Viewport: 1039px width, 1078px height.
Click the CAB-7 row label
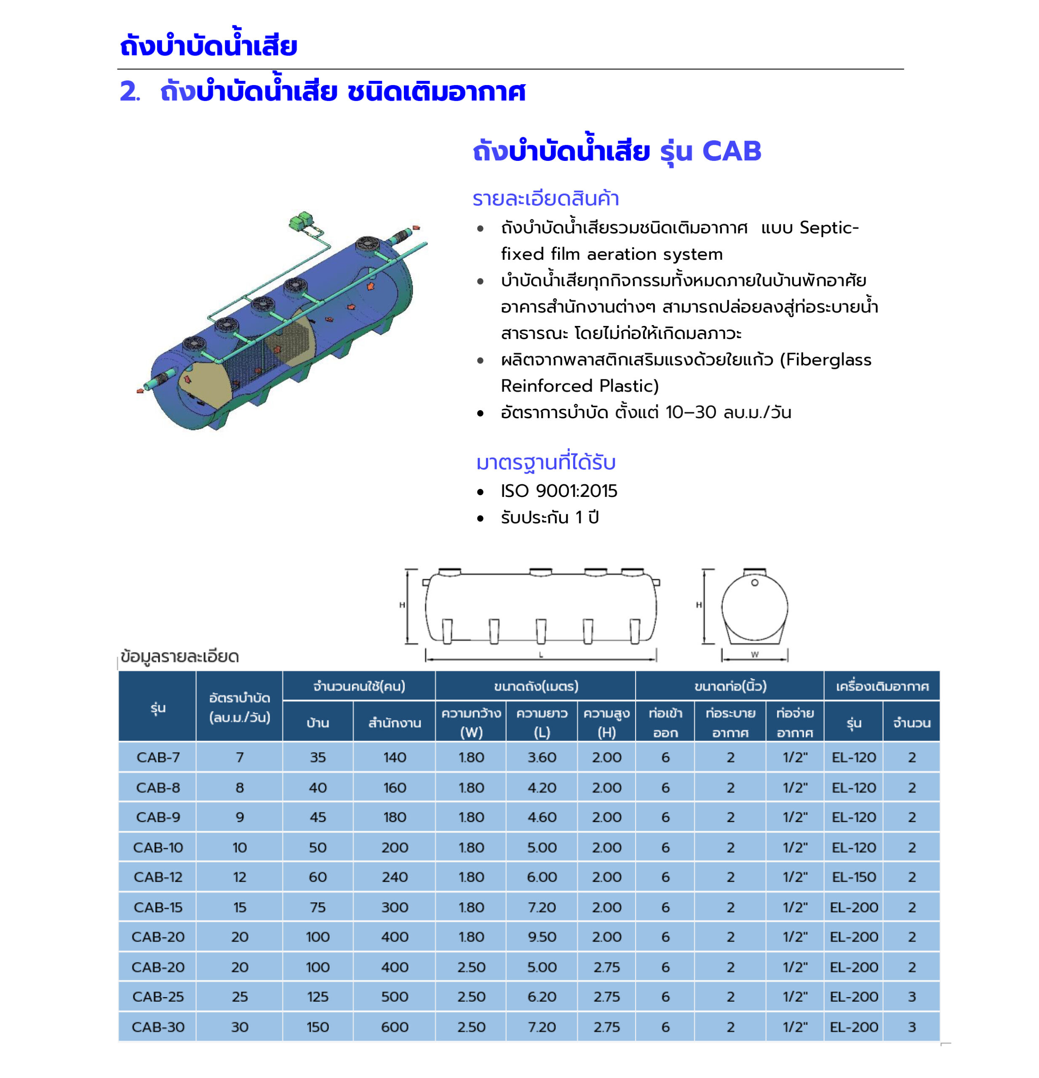158,758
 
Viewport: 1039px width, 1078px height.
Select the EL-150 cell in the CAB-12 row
853,877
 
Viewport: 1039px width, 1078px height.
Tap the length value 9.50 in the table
541,937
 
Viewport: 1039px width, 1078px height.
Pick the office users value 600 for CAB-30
394,1027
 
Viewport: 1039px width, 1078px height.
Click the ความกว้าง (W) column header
471,722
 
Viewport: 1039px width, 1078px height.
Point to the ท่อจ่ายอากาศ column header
794,722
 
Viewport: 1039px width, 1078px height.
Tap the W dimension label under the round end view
754,654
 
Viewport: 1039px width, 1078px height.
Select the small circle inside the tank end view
755,582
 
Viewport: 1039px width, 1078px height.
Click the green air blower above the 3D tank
302,221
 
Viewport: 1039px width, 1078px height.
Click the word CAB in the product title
732,151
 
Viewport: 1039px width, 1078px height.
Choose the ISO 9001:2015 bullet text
558,491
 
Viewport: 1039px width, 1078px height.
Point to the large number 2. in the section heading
130,91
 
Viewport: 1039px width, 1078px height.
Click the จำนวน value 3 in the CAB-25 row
911,997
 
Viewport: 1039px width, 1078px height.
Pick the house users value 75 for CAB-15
318,907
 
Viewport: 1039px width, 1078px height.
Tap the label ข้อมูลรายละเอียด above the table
179,656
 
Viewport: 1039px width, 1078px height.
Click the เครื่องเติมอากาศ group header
881,686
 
